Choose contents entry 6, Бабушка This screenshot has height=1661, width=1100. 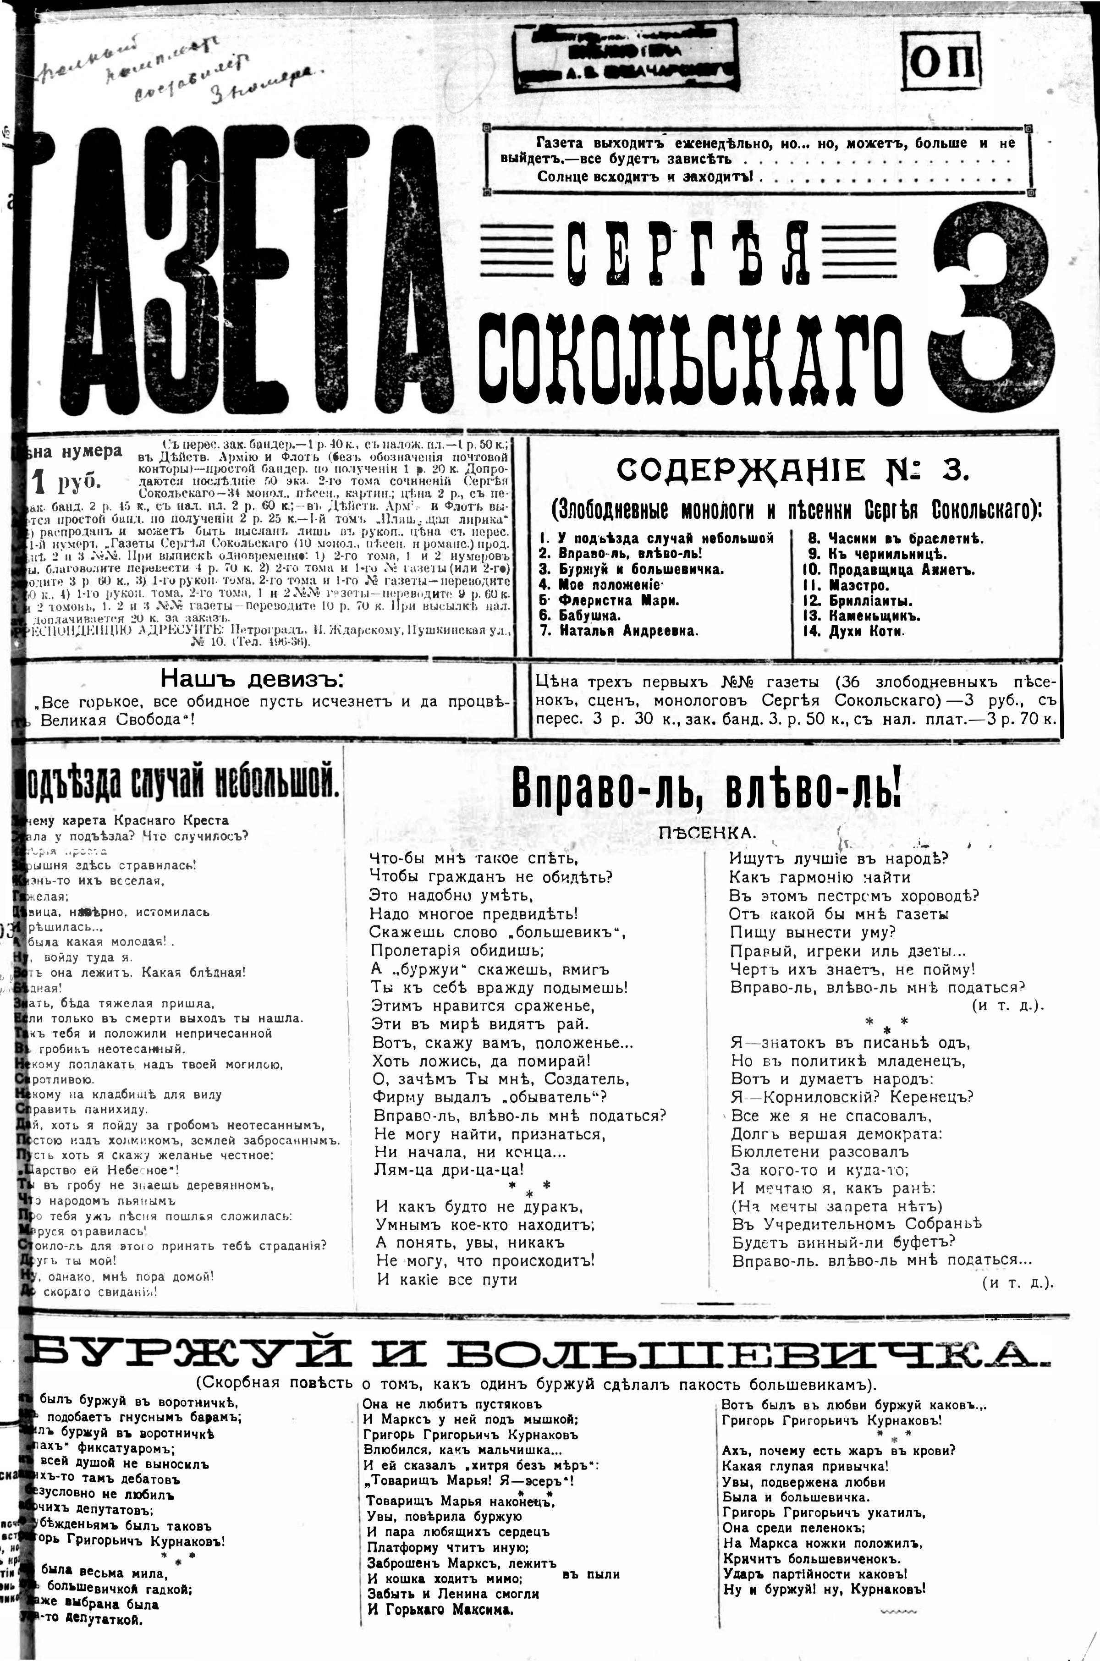[589, 615]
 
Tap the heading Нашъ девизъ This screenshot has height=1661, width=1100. [253, 678]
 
